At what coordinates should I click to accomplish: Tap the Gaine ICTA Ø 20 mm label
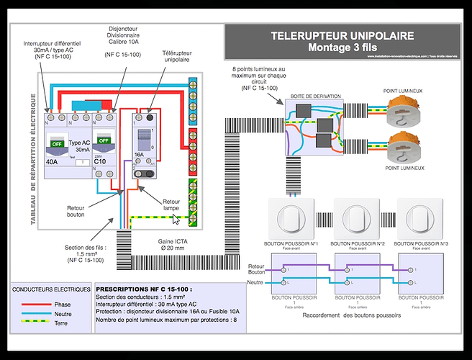click(x=177, y=246)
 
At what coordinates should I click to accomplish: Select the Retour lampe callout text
click(x=171, y=205)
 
